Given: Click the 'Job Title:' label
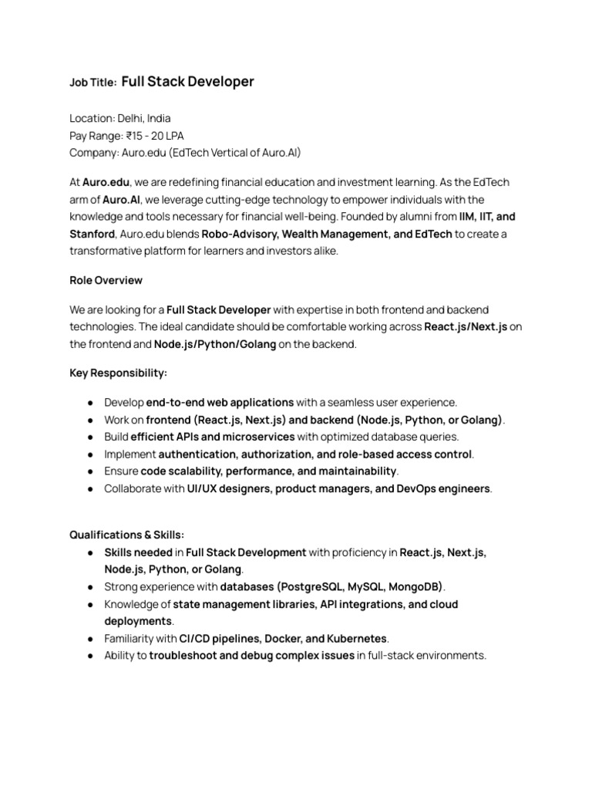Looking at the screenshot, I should pos(93,82).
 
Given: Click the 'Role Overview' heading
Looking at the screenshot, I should pos(106,280).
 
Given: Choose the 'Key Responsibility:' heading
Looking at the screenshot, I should pos(118,373).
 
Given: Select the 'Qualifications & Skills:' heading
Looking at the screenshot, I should pos(127,535).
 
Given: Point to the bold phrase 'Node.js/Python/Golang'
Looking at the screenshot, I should pos(214,344).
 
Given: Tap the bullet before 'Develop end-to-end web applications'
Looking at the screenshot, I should pos(91,403).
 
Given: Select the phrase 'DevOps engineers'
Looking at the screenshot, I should pos(443,488).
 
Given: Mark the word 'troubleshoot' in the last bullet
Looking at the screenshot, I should pos(183,656).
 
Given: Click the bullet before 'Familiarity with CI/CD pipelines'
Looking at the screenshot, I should pos(91,639).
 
